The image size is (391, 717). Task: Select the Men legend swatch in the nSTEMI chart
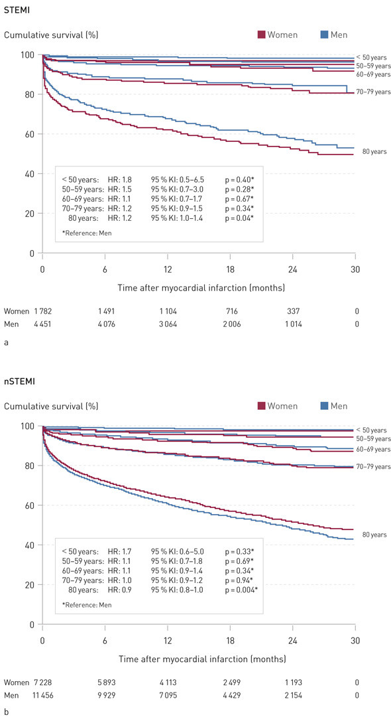[324, 406]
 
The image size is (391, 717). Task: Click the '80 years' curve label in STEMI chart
[374, 152]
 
